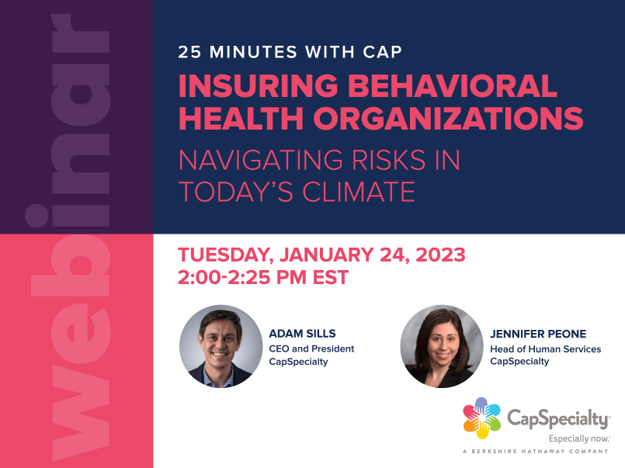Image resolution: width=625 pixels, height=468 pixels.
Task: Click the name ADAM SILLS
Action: point(302,334)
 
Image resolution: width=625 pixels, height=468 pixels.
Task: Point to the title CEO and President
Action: point(311,348)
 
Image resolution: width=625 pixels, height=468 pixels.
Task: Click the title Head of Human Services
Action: point(546,348)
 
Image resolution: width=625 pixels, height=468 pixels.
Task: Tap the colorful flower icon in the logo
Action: point(481,418)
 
